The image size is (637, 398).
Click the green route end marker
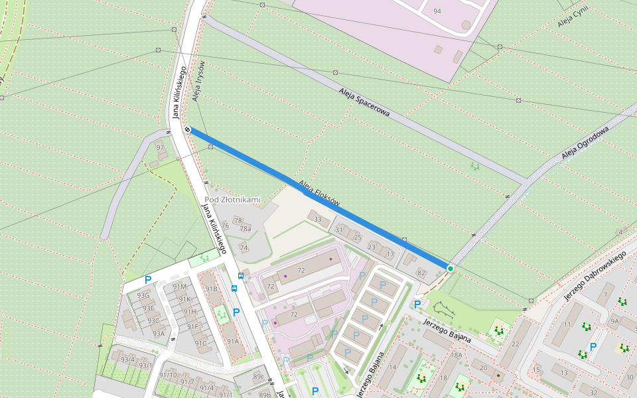(x=451, y=268)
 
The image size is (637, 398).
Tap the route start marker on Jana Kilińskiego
(x=188, y=129)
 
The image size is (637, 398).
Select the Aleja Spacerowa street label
(x=364, y=103)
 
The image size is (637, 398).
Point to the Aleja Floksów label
(x=319, y=192)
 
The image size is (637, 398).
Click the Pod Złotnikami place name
(x=233, y=200)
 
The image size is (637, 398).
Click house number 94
(x=437, y=11)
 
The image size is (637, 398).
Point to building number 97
(x=159, y=147)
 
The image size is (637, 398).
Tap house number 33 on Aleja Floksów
(x=318, y=220)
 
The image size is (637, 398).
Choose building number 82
(x=421, y=273)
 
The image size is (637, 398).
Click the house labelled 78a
(x=246, y=229)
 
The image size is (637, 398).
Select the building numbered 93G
(x=143, y=296)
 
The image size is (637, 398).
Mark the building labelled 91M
(x=179, y=287)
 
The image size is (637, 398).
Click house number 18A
(x=457, y=356)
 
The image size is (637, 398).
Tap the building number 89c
(x=259, y=377)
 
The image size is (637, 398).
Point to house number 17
(x=390, y=254)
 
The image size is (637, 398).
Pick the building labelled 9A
(x=614, y=322)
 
